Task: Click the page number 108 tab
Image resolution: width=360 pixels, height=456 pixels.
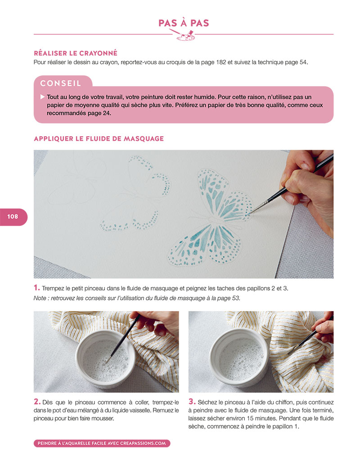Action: point(13,217)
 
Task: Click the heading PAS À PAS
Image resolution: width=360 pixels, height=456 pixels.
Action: point(184,22)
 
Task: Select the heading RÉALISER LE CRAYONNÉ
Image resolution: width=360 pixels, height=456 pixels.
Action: point(76,53)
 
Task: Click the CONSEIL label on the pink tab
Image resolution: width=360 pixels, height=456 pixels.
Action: point(61,84)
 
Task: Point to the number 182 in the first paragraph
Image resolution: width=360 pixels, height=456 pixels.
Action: point(221,62)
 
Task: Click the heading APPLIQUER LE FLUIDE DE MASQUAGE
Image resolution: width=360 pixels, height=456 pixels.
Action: point(99,139)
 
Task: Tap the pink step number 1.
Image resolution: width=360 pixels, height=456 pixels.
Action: point(36,288)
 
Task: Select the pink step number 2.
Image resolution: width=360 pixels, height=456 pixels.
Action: point(37,402)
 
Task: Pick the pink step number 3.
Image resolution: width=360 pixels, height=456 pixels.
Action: point(192,402)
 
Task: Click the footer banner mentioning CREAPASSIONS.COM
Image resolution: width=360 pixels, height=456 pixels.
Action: point(102,443)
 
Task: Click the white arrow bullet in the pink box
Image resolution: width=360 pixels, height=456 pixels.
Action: point(42,97)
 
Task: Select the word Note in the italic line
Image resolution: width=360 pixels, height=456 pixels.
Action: point(39,298)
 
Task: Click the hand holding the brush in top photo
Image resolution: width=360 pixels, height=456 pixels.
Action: point(309,186)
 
